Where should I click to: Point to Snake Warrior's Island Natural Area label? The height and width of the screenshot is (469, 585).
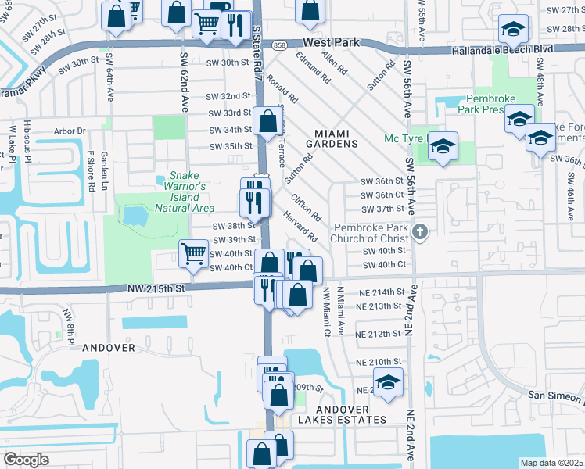[185, 192]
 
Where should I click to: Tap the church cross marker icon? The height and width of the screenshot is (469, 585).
[421, 231]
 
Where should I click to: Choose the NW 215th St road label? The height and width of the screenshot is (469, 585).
[157, 288]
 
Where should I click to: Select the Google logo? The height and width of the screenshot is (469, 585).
[26, 459]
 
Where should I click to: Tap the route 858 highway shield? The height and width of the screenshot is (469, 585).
[280, 46]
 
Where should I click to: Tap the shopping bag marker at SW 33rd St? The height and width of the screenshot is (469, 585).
[267, 121]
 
